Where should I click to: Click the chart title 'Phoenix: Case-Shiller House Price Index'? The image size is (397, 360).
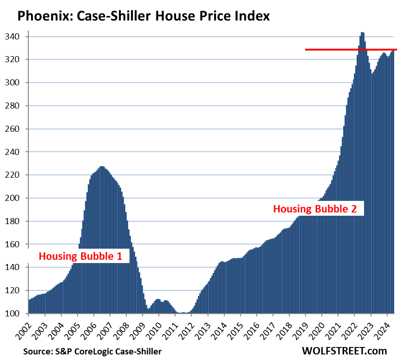click(x=143, y=17)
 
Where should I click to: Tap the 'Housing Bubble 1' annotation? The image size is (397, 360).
click(x=83, y=256)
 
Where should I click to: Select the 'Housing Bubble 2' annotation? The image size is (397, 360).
click(x=315, y=209)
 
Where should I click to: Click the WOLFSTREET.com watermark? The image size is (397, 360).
click(x=345, y=351)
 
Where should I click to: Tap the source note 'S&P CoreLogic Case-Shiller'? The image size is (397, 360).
click(x=92, y=351)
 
